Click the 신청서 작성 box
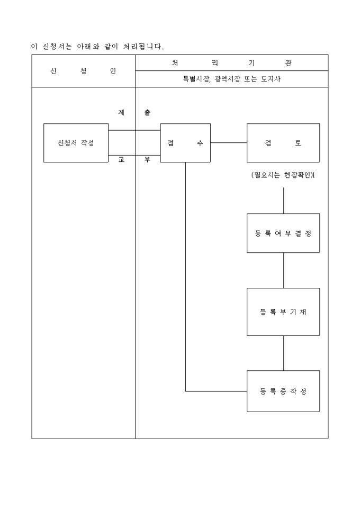[x=76, y=143]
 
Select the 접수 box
[x=185, y=143]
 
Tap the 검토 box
[x=283, y=143]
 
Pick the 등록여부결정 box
[x=283, y=233]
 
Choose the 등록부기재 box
[x=283, y=312]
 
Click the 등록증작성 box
[x=283, y=392]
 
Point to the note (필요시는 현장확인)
[x=283, y=175]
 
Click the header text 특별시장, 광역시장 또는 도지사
[x=231, y=79]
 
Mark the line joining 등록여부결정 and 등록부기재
[x=284, y=270]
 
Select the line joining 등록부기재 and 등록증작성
[x=284, y=353]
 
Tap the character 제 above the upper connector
[x=121, y=113]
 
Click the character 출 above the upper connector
[x=147, y=113]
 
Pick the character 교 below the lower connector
[x=121, y=159]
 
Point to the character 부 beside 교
[x=147, y=159]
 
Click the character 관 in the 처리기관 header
[x=288, y=63]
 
